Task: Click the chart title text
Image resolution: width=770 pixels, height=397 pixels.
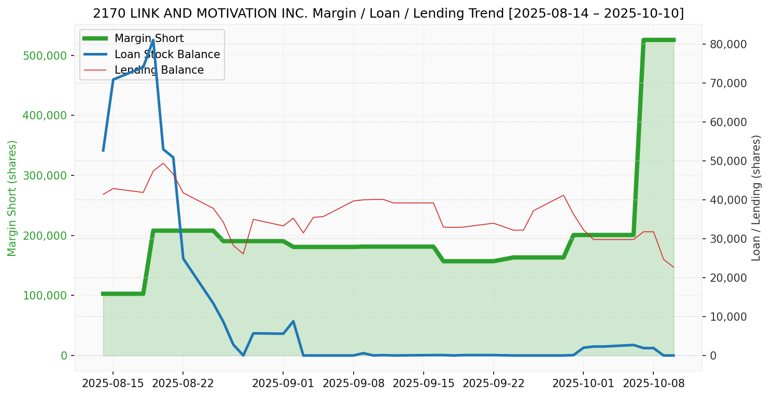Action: (x=388, y=13)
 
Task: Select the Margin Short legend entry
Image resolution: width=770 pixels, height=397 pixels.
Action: (x=149, y=38)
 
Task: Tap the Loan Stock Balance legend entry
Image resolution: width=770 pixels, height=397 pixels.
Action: (x=167, y=54)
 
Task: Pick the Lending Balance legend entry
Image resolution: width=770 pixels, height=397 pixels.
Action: (x=159, y=70)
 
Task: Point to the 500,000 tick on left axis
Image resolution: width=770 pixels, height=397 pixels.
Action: (x=45, y=56)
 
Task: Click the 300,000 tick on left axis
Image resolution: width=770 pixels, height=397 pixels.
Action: (x=45, y=175)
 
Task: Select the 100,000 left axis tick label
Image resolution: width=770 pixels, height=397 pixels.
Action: (x=45, y=295)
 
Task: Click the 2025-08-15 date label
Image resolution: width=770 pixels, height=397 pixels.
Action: (x=113, y=384)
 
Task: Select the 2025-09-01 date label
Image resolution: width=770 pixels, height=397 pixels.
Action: (x=283, y=384)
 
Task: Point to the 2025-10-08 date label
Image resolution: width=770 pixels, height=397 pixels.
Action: (x=653, y=384)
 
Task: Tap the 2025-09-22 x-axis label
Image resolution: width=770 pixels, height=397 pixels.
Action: (x=493, y=384)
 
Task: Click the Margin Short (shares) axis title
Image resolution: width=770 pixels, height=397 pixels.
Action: (x=12, y=198)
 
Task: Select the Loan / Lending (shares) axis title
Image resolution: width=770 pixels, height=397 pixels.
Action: (x=757, y=198)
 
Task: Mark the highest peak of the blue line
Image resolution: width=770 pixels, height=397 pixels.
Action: (x=153, y=40)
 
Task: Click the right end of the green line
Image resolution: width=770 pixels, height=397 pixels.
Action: (x=674, y=40)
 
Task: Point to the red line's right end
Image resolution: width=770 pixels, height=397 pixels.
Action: (x=674, y=267)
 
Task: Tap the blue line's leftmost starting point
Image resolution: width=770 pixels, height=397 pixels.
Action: (x=103, y=151)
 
